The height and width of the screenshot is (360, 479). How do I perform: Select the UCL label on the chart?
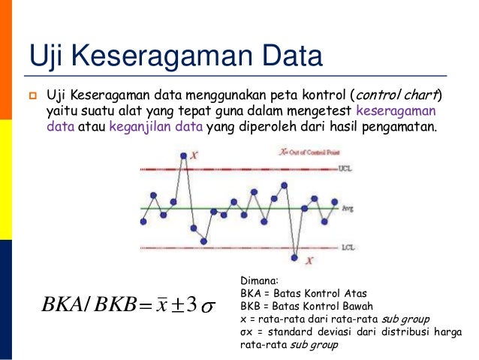345,168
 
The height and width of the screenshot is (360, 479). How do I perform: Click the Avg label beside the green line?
347,207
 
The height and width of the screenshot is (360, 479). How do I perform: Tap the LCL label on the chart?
346,247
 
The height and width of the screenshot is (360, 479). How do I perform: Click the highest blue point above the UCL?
183,156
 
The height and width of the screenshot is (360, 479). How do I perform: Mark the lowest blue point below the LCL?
295,259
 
